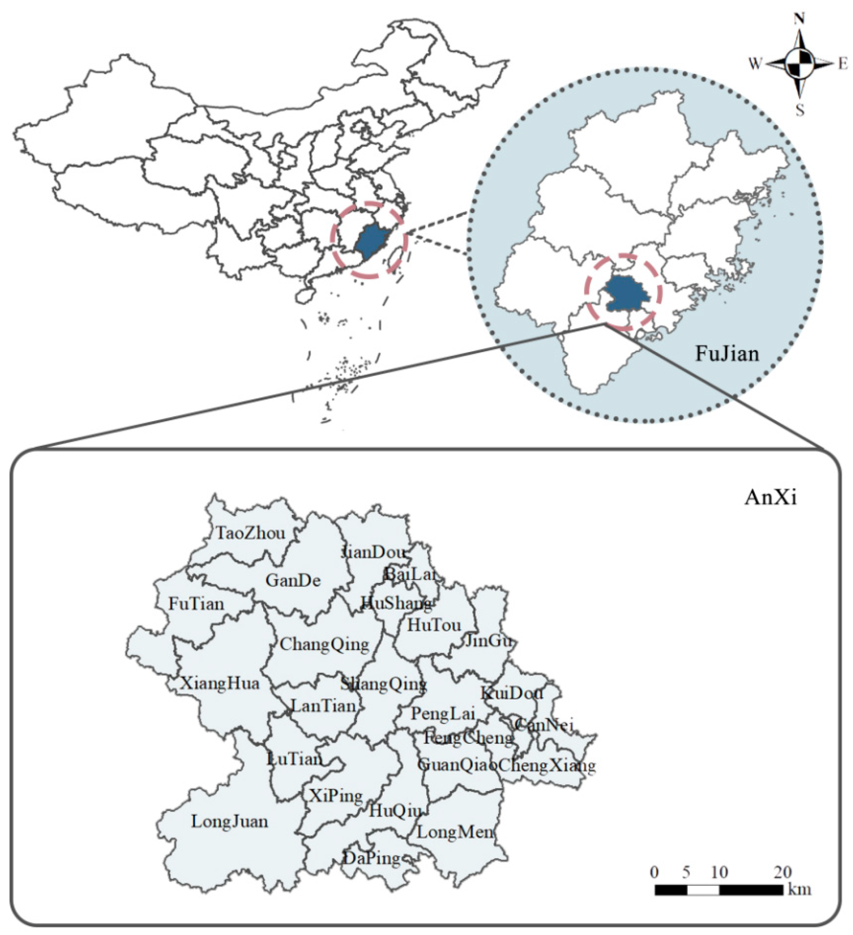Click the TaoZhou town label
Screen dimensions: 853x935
tap(250, 533)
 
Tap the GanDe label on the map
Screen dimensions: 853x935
tap(293, 580)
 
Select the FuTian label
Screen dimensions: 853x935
tap(196, 604)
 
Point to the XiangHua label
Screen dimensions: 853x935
tap(220, 683)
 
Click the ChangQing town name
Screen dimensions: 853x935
tap(324, 644)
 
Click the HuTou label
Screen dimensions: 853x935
tap(434, 625)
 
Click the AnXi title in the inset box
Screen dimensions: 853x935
tap(770, 498)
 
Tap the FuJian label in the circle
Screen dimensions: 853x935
tap(727, 354)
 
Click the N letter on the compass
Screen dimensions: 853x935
tap(799, 19)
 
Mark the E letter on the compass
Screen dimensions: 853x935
tap(843, 65)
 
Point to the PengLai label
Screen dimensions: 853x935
tap(443, 714)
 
